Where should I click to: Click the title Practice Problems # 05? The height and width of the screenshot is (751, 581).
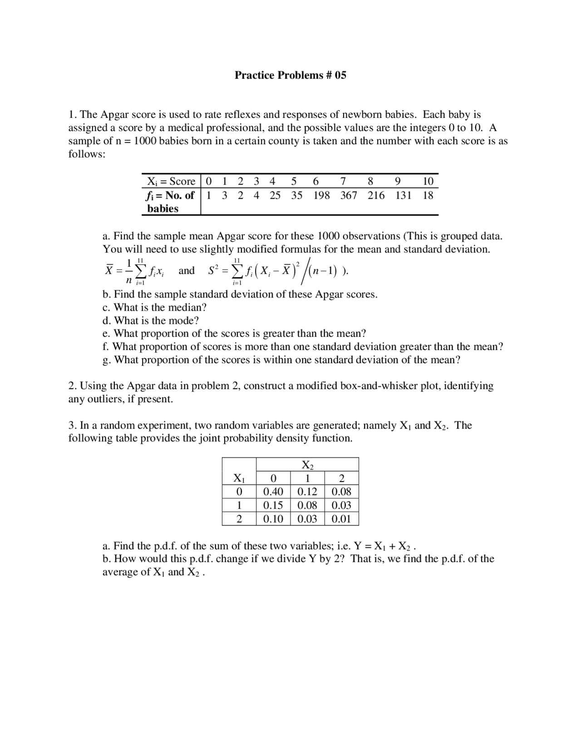[290, 75]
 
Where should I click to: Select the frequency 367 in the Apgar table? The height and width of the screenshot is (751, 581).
[349, 195]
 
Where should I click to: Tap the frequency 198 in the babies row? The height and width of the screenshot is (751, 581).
[321, 195]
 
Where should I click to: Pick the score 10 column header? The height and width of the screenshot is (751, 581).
[428, 181]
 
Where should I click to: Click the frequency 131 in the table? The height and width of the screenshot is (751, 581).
[403, 195]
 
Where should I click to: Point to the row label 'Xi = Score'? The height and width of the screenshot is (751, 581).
[171, 181]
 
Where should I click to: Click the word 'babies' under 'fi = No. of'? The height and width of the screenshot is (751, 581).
[162, 209]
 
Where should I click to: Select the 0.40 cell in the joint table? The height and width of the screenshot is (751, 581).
[273, 492]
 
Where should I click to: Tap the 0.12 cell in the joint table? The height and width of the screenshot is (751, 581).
[307, 492]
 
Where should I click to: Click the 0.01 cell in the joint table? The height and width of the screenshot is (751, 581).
[341, 519]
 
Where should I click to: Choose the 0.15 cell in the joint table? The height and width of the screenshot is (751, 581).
[273, 505]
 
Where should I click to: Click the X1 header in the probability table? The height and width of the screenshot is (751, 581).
[239, 478]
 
